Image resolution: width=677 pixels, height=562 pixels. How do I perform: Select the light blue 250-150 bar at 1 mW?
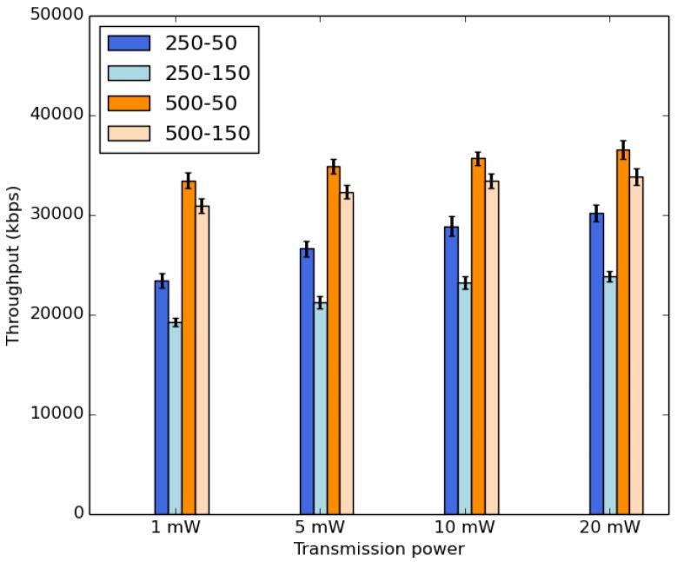pos(175,418)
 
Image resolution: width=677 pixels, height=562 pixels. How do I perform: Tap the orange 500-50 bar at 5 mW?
pos(333,340)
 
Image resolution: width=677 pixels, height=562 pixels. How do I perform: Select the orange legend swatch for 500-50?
pos(126,103)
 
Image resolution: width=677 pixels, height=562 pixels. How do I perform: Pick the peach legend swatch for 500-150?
pos(126,133)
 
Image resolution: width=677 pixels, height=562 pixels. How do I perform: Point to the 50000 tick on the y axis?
pos(58,16)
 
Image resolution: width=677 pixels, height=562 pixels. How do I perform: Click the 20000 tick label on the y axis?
pos(58,314)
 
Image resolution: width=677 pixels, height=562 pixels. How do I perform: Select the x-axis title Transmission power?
pos(378,549)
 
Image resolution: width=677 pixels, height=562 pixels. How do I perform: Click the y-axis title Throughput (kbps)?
pos(13,264)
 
